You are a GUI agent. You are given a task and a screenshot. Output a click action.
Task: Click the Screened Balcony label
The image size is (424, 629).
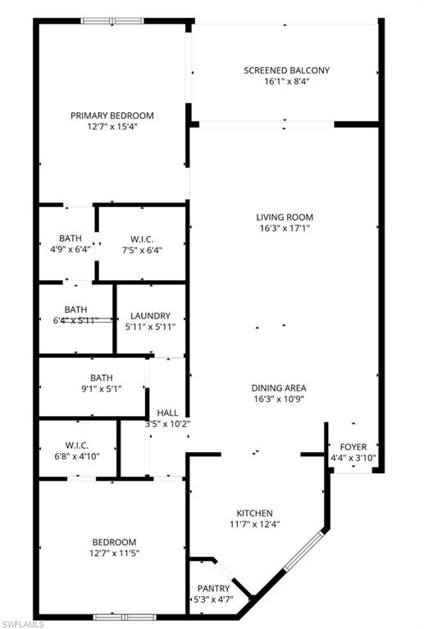[x=286, y=70]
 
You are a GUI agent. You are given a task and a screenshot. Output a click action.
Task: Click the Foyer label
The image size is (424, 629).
[x=353, y=446]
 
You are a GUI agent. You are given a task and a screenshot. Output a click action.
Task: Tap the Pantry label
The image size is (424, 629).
[x=214, y=588]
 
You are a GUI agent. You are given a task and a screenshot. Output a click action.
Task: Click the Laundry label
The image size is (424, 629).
[x=150, y=315]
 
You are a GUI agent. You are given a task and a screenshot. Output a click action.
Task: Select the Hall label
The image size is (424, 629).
[x=167, y=413]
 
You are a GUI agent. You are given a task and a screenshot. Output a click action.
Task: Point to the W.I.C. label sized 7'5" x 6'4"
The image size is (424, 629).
[x=143, y=239]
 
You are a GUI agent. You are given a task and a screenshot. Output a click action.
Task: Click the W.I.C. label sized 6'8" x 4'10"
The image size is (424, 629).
[x=77, y=446]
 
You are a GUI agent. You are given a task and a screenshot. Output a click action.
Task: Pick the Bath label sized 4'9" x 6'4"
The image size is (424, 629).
[x=71, y=239]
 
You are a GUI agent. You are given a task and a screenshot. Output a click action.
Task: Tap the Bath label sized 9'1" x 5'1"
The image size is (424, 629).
[x=102, y=378]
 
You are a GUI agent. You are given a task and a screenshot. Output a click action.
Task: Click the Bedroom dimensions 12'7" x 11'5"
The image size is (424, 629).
[x=114, y=554]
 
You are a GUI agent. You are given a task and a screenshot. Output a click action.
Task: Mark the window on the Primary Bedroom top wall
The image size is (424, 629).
[x=112, y=20]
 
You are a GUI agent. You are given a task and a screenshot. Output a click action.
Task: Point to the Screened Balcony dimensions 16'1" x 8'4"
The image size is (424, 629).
[x=286, y=83]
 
